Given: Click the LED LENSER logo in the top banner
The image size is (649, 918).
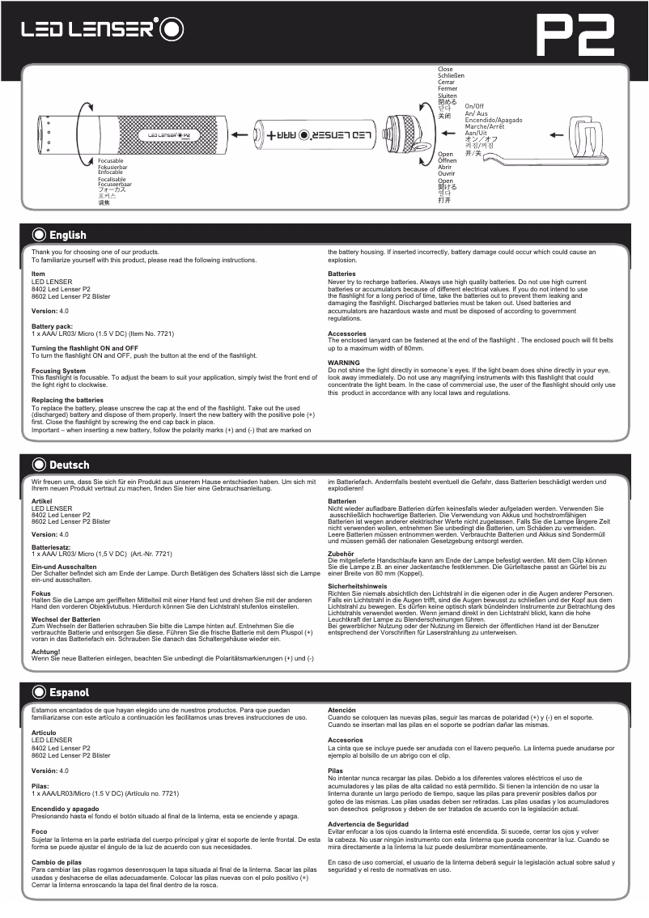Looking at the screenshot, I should (x=102, y=30).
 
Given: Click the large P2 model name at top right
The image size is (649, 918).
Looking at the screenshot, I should (x=576, y=35).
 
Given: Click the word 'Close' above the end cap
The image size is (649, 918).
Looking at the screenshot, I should (x=445, y=70).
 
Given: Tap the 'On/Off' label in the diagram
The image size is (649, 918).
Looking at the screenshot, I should (x=474, y=106).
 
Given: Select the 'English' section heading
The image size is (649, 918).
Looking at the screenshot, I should (x=67, y=236).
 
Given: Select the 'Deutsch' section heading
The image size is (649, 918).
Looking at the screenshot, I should (x=69, y=465).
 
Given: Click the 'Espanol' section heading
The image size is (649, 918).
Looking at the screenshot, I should (x=69, y=693).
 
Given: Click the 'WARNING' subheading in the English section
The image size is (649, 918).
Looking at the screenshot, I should (x=344, y=363).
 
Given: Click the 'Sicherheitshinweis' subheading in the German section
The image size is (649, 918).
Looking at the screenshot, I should (x=357, y=584).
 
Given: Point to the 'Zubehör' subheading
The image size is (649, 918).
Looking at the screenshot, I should (x=341, y=554).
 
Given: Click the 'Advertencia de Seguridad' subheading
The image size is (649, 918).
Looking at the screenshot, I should (x=368, y=824).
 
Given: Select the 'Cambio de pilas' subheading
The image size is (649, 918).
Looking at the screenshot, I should (x=56, y=862).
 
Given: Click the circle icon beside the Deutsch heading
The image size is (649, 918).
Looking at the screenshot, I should (x=38, y=465).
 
